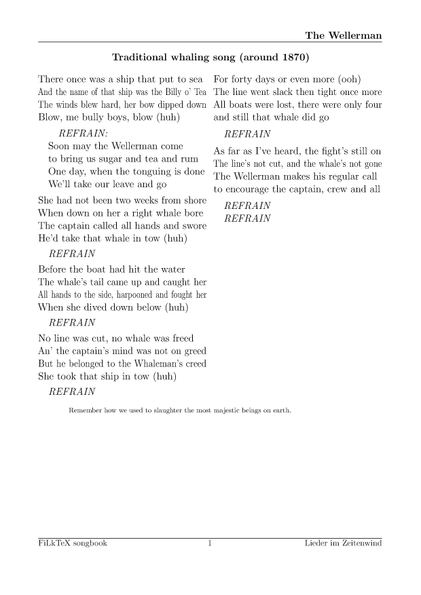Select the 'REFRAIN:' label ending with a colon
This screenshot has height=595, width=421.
[x=84, y=133]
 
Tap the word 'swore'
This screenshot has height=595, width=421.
[x=191, y=226]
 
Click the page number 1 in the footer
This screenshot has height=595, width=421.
[x=210, y=543]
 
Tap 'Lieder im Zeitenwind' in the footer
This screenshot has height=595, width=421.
[x=344, y=543]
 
